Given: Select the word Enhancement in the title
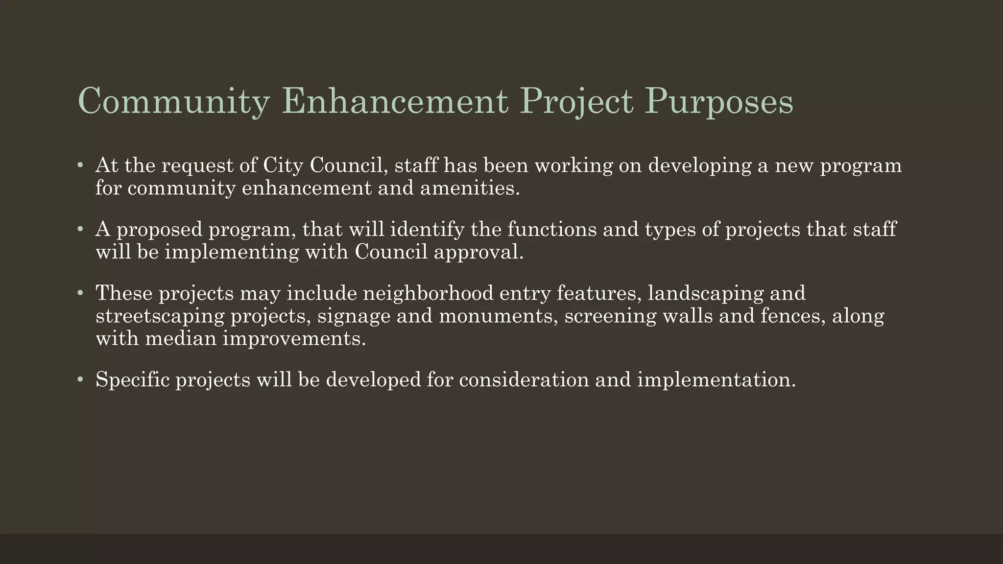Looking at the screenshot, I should click(395, 101).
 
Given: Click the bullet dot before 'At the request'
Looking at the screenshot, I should click(80, 165).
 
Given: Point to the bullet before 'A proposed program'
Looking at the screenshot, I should click(80, 229).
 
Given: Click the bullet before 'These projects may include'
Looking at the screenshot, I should click(80, 293).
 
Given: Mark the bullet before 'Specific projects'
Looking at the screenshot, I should click(80, 379).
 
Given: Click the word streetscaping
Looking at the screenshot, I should click(160, 316).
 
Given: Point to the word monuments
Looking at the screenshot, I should click(498, 316).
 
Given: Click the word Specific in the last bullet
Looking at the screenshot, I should click(132, 379).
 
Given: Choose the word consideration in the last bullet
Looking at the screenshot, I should click(524, 379).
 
